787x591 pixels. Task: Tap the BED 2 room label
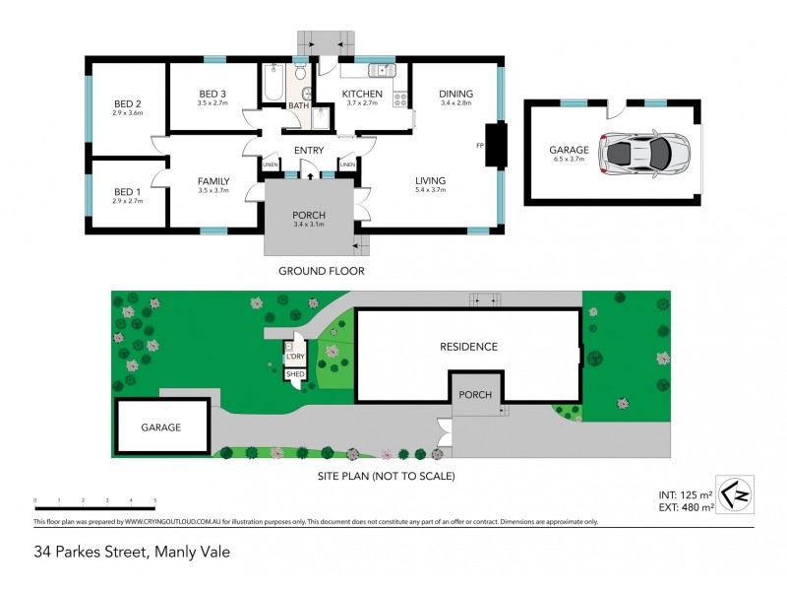128,103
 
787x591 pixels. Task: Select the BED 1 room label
128,191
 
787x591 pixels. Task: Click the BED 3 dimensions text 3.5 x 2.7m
212,102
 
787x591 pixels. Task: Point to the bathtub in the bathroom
272,84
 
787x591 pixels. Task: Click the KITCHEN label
360,94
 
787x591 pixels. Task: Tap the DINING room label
455,94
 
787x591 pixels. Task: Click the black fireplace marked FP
497,145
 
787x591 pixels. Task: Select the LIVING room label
430,180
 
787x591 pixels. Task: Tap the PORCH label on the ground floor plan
309,216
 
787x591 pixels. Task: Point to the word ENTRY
309,150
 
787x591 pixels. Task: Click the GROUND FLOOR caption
321,271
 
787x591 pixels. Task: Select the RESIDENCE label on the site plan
468,347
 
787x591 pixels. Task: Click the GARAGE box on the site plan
162,427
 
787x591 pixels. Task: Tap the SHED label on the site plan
294,374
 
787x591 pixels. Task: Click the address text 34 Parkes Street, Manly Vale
131,552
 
